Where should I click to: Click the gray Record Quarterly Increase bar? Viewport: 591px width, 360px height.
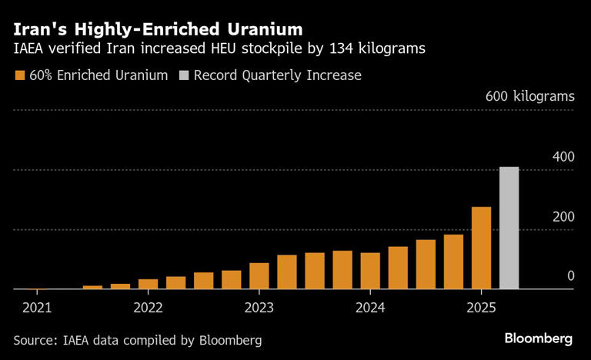(x=509, y=228)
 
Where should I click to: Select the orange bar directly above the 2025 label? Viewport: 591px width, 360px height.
(x=481, y=248)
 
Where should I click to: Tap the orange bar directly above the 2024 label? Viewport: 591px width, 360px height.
(x=370, y=271)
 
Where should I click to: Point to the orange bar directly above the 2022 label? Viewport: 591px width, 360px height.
(x=149, y=284)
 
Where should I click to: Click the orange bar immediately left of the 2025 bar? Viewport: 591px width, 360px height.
(x=453, y=262)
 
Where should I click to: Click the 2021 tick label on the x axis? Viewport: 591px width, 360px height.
(x=37, y=308)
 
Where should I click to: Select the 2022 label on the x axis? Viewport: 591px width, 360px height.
(x=148, y=308)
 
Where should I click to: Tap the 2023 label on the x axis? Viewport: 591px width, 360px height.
(x=259, y=308)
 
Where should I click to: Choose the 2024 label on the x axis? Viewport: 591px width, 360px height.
(x=370, y=308)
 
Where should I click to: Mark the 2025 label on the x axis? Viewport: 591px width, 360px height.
(x=481, y=308)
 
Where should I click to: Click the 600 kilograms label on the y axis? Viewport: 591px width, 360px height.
(x=529, y=97)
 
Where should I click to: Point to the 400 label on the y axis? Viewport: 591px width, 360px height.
(x=563, y=157)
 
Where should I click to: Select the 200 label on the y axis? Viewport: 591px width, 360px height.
(x=563, y=217)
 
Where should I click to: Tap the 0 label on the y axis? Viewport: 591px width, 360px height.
(x=571, y=276)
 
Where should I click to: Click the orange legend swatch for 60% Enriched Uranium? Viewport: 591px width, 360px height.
(x=19, y=75)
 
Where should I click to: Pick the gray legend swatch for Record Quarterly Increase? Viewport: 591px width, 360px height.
(x=183, y=75)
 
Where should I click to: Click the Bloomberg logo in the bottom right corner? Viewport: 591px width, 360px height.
(x=538, y=338)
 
